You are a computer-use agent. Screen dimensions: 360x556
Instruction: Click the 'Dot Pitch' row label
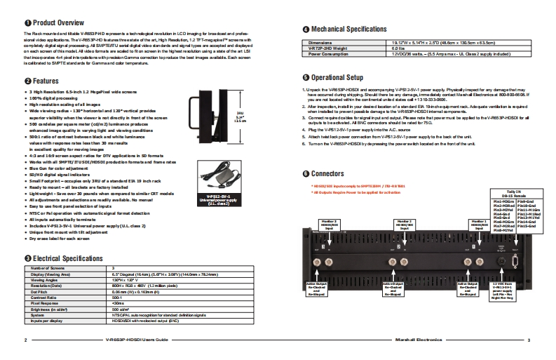[45, 292]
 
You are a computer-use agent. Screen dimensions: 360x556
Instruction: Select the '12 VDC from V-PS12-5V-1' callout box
[505, 290]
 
